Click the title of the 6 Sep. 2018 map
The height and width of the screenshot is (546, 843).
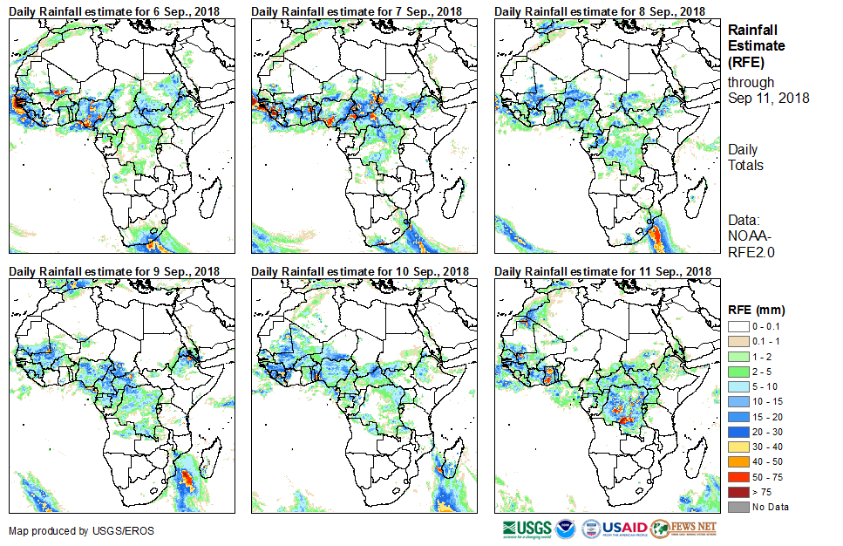tap(114, 10)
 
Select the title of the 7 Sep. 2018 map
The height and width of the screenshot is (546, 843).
tap(357, 10)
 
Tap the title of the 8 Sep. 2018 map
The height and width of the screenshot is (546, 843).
tap(600, 10)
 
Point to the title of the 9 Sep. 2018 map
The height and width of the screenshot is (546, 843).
tap(114, 271)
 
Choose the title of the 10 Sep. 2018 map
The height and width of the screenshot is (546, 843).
tap(360, 271)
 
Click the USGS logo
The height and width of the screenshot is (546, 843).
tap(527, 529)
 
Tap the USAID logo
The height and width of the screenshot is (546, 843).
tap(615, 529)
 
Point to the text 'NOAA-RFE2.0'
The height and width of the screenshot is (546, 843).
tap(751, 243)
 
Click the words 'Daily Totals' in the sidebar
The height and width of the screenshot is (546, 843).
tap(745, 158)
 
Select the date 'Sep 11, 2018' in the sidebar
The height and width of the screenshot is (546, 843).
tap(768, 98)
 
